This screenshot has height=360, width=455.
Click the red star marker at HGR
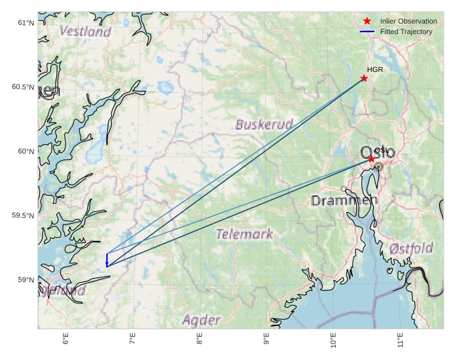click(364, 79)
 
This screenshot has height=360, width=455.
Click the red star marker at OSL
click(372, 159)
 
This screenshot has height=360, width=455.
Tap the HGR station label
click(374, 69)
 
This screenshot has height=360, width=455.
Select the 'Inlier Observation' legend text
click(409, 21)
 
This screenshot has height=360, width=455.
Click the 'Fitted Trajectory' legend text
click(406, 31)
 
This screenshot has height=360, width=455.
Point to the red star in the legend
click(367, 21)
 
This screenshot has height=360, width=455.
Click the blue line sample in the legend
click(367, 31)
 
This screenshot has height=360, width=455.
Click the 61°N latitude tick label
click(25, 23)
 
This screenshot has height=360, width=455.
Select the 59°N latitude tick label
click(25, 280)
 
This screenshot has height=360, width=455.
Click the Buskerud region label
click(264, 124)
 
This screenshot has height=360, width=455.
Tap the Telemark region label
click(244, 234)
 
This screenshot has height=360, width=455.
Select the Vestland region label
click(85, 31)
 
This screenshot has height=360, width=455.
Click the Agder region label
click(201, 320)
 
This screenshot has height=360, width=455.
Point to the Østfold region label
click(410, 249)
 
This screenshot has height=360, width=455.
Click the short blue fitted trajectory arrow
click(107, 260)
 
